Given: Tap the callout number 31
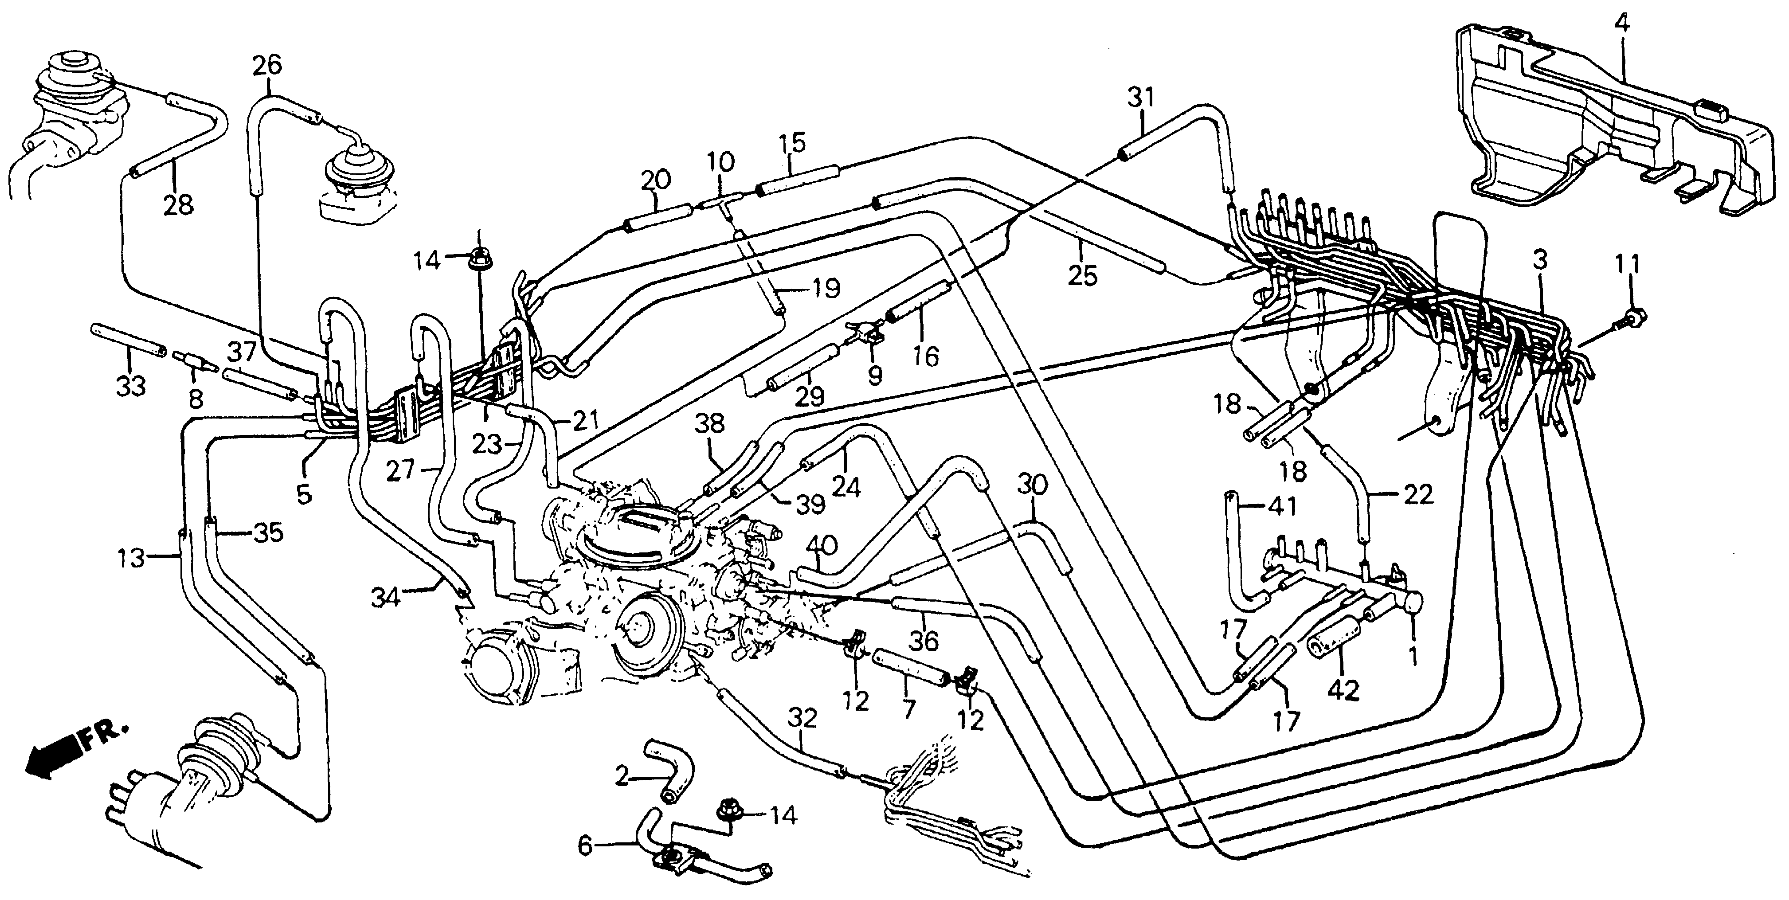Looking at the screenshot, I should click(x=1139, y=98).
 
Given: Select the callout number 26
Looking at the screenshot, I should click(x=267, y=66).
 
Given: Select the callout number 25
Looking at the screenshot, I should click(x=1082, y=276).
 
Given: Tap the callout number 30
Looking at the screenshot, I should click(x=1032, y=485).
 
